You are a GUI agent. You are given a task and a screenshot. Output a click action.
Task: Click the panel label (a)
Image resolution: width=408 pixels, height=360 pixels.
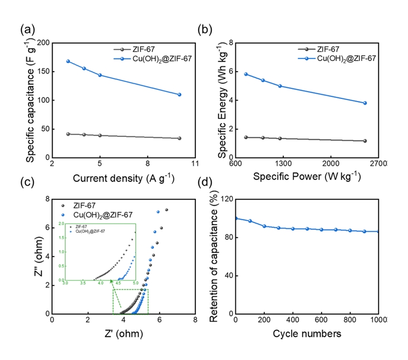[x=27, y=30]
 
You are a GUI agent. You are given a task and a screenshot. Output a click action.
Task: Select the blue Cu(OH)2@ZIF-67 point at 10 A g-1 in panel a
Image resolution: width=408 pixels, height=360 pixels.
[x=180, y=95]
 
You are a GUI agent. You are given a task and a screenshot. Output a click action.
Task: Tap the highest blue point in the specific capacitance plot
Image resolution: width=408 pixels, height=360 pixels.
[x=68, y=61]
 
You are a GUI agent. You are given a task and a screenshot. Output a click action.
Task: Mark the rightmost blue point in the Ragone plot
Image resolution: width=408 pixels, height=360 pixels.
[x=365, y=103]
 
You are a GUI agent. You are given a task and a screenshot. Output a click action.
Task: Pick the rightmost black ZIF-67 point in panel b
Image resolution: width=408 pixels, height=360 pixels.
[x=365, y=141]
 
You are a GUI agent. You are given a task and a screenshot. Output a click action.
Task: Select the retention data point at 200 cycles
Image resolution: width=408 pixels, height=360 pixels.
[x=264, y=226]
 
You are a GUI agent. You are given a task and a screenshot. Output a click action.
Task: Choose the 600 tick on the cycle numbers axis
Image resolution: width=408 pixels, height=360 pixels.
[x=321, y=321]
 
